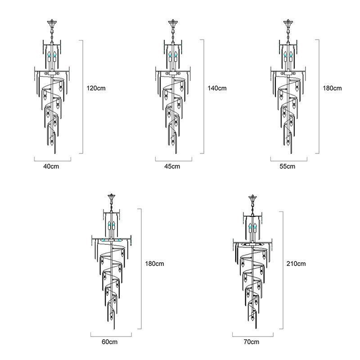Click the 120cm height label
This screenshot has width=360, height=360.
click(x=96, y=88)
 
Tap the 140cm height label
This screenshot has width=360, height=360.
click(x=217, y=88)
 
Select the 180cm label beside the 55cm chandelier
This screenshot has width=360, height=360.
click(x=332, y=88)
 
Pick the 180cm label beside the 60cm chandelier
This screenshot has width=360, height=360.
click(x=154, y=264)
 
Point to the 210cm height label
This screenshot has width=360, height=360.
click(x=296, y=264)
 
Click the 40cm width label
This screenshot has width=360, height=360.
click(x=51, y=166)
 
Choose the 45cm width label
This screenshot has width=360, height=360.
click(x=172, y=166)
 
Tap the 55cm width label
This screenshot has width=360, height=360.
click(x=288, y=166)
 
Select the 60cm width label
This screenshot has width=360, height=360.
click(x=109, y=342)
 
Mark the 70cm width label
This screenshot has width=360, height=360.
click(x=252, y=342)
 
